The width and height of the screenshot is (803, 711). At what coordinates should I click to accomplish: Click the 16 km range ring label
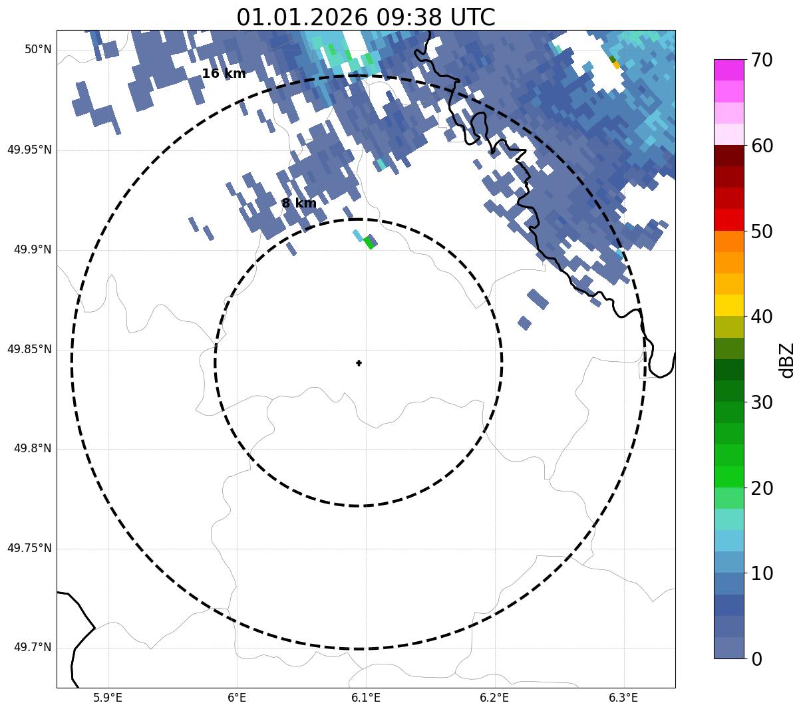click(224, 74)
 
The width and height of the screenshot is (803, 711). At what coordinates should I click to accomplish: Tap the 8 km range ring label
click(299, 204)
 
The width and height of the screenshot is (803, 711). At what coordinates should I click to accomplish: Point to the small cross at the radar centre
click(359, 362)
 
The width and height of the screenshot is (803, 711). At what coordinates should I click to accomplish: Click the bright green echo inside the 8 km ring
click(369, 243)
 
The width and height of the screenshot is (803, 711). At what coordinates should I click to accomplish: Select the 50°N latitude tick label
click(38, 49)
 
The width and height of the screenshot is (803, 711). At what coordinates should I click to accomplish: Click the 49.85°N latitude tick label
click(29, 349)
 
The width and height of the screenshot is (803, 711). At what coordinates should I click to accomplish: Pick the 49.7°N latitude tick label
click(32, 648)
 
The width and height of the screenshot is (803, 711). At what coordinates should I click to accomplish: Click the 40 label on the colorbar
click(762, 317)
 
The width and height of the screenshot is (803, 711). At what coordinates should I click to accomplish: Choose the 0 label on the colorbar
click(757, 659)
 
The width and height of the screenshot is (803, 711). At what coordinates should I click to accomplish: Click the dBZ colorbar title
click(787, 360)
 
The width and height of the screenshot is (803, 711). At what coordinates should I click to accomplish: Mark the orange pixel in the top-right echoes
click(616, 65)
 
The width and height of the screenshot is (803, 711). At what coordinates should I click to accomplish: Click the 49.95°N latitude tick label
click(29, 150)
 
